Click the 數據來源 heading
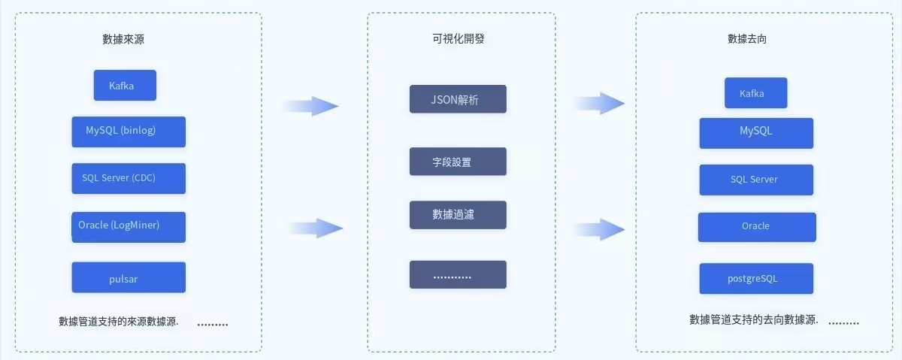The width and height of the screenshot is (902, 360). (x=123, y=40)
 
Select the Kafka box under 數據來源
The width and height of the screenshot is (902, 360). (x=125, y=86)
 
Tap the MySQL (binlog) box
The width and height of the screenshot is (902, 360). (x=129, y=132)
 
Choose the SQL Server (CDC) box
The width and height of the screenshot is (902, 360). (x=129, y=178)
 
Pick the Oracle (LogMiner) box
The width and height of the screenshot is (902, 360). (x=129, y=226)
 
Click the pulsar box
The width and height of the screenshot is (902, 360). (x=129, y=277)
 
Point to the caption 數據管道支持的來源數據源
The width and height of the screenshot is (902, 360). (x=119, y=322)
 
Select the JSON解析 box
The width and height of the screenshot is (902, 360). (x=458, y=99)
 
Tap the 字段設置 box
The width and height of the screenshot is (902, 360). (x=458, y=162)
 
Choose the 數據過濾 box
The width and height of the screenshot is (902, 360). (x=458, y=215)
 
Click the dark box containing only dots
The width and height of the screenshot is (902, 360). (x=458, y=274)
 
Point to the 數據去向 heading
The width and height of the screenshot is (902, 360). (x=747, y=39)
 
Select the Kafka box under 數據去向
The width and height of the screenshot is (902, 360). (x=755, y=93)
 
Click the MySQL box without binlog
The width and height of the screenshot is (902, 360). (x=756, y=132)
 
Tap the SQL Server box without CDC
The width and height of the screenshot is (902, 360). (x=756, y=180)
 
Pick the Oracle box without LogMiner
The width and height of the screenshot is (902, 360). (x=757, y=227)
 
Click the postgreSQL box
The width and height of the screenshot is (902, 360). (x=756, y=278)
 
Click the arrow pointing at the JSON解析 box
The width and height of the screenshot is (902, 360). (x=310, y=106)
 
